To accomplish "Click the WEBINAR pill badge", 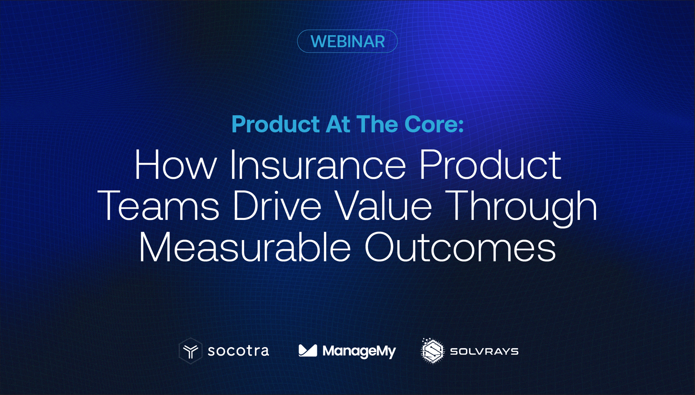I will [347, 41].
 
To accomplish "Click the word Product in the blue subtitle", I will [276, 124].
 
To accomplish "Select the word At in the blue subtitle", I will [337, 124].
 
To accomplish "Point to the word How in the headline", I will [175, 165].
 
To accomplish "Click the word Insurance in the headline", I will [317, 165].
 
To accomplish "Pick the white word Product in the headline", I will [490, 165].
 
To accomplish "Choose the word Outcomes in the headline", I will [460, 247].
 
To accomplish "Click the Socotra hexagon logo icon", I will [190, 351].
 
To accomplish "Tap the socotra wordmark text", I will [238, 351].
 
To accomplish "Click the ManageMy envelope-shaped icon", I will [308, 351].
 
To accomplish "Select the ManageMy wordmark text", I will [359, 351].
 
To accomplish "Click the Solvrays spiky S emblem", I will [432, 351].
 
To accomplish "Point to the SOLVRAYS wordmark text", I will [484, 351].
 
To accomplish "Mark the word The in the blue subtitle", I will [377, 124].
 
